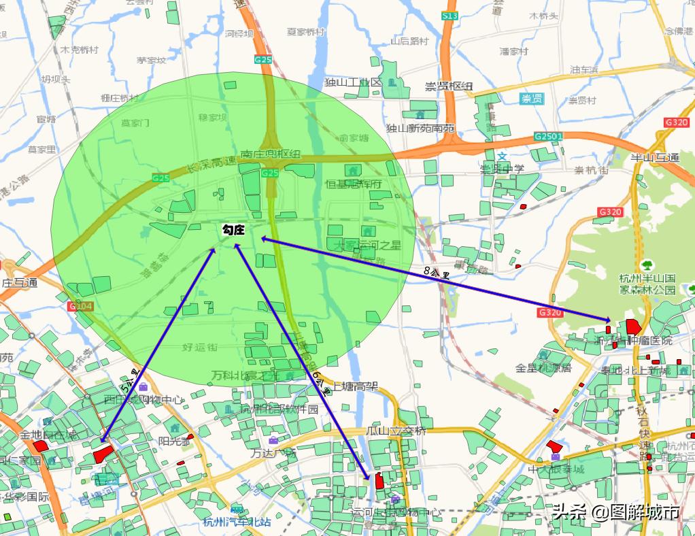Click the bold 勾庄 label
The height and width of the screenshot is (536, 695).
[x=233, y=231]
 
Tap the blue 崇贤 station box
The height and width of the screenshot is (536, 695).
[x=532, y=99]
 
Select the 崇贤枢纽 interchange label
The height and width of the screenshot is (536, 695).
[x=449, y=86]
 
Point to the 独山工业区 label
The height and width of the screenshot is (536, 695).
[x=353, y=82]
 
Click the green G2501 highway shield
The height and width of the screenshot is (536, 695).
[x=548, y=137]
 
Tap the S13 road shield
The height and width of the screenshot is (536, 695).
[x=450, y=16]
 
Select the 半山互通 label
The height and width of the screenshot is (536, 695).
[x=655, y=158]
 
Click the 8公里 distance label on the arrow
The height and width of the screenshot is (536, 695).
[x=436, y=273]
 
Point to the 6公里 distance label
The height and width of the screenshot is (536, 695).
[x=321, y=384]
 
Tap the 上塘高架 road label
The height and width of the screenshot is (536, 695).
[x=355, y=386]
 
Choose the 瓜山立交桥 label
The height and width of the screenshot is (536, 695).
[x=396, y=431]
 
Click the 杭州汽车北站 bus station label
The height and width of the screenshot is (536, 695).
[x=237, y=522]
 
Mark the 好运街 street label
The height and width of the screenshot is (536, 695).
[x=199, y=348]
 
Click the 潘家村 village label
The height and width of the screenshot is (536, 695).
[x=514, y=52]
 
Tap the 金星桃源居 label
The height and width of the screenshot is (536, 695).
[x=543, y=369]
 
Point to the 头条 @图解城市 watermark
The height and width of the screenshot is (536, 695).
[x=615, y=512]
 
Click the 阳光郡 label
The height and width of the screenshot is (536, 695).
[x=174, y=440]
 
